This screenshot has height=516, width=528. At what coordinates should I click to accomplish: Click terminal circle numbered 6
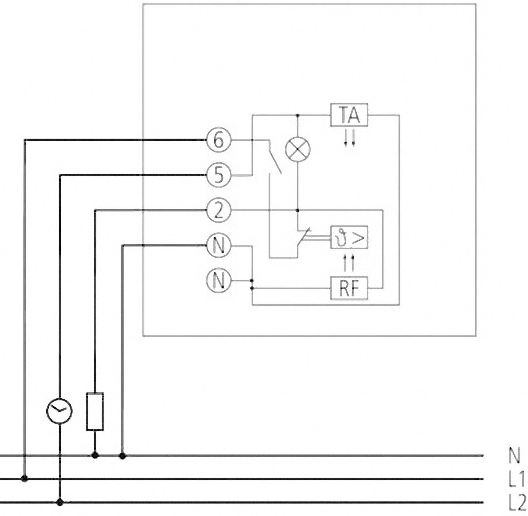point(219,140)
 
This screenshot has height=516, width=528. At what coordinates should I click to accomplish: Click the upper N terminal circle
point(219,246)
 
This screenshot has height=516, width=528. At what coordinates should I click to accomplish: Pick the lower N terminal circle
point(219,281)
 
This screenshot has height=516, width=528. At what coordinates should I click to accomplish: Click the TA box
point(349,115)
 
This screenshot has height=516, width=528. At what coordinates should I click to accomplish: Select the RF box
point(349,288)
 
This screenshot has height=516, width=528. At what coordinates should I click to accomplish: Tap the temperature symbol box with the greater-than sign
point(349,238)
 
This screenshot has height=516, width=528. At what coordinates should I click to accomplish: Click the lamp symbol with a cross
point(298,150)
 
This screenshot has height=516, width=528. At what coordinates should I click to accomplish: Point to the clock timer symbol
point(59,411)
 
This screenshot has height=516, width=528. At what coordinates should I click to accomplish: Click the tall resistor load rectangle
point(95,412)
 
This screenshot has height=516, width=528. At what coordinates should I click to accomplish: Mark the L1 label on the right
point(517,479)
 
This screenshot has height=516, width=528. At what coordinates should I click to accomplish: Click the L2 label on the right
point(517,503)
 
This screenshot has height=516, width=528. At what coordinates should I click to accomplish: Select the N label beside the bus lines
point(514,456)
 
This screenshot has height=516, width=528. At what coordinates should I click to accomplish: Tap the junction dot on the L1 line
point(25,479)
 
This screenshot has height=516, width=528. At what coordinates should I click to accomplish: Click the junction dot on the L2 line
point(60,502)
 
